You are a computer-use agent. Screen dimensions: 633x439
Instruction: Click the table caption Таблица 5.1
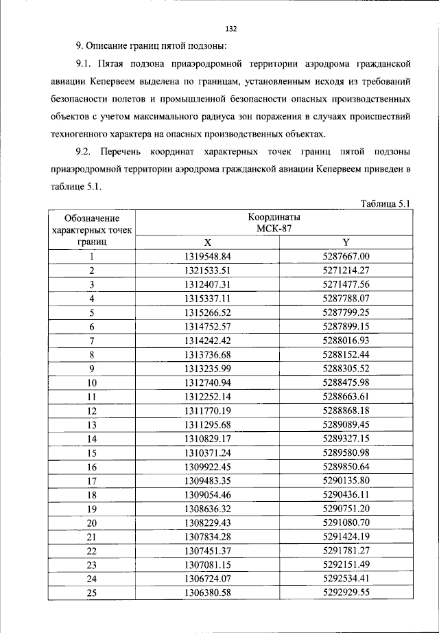pos(384,204)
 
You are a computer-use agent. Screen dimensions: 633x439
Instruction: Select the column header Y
pos(346,242)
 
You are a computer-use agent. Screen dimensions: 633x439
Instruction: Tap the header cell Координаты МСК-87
pos(276,224)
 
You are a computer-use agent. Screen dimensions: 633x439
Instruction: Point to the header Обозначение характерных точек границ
pos(91,230)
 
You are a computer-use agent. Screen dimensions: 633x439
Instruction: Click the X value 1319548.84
pos(209,257)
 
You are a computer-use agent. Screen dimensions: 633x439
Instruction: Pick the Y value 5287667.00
pos(346,257)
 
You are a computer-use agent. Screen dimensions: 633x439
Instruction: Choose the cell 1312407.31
pos(209,284)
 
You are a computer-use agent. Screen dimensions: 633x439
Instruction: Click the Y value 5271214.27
pos(346,271)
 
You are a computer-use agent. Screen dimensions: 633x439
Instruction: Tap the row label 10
pos(91,383)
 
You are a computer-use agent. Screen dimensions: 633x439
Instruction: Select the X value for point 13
pos(209,425)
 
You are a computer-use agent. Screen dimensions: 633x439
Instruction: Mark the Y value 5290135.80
pos(346,481)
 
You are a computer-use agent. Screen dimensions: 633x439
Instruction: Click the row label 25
pos(91,592)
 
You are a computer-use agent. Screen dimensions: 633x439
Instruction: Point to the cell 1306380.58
pos(209,592)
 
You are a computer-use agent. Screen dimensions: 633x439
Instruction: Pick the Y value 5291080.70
pos(346,522)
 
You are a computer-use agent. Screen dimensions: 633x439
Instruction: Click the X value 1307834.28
pos(209,537)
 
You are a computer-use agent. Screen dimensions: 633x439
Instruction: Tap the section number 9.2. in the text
pos(86,151)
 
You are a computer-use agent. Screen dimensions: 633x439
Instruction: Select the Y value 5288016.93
pos(346,341)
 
